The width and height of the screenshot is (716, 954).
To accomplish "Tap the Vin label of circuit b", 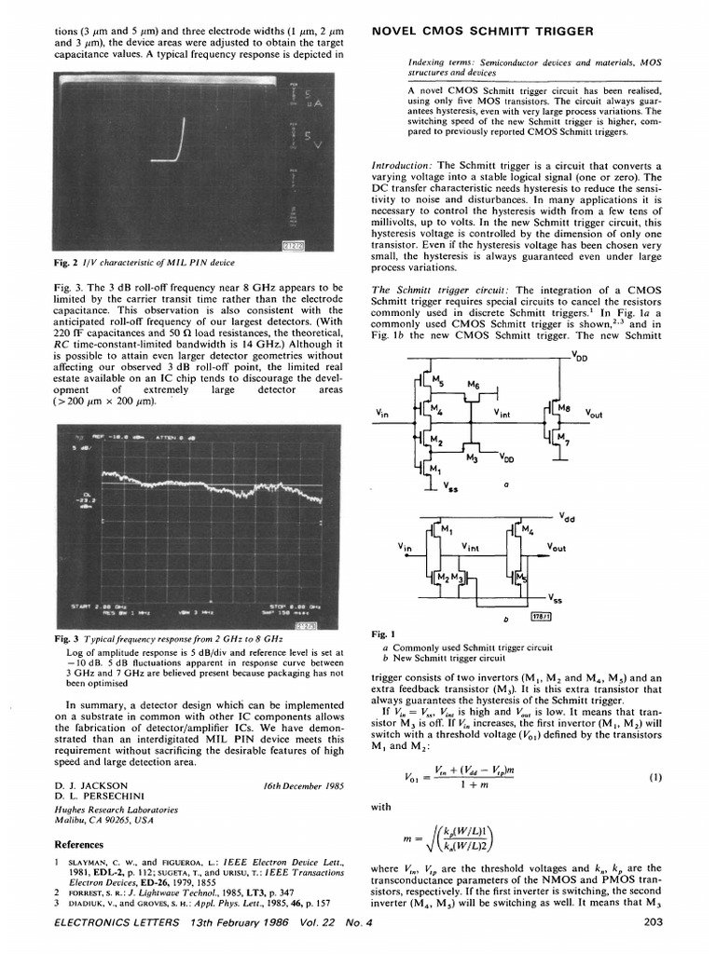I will pyautogui.click(x=404, y=547).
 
